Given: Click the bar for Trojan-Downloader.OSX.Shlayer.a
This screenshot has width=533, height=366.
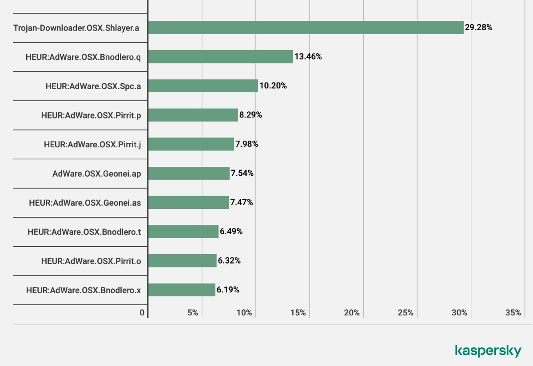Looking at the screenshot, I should click(x=306, y=28).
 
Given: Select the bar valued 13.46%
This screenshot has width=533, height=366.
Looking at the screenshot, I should click(x=220, y=57).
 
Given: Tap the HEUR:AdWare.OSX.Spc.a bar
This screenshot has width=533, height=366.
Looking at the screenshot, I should click(x=203, y=86).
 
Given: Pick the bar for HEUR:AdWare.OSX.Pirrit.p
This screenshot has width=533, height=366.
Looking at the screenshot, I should click(x=193, y=115).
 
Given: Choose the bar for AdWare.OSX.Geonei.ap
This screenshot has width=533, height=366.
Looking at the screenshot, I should click(x=189, y=173).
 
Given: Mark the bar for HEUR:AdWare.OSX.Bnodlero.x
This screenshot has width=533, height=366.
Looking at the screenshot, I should click(x=182, y=290).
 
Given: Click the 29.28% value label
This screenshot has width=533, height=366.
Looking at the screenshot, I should click(x=478, y=28).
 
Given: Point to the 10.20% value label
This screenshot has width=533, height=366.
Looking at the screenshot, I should click(x=273, y=86).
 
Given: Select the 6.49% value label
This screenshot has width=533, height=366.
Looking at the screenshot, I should click(x=231, y=232).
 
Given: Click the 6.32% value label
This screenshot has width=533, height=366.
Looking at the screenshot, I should click(x=229, y=261).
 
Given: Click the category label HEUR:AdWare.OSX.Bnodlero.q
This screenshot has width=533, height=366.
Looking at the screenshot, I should click(x=84, y=57).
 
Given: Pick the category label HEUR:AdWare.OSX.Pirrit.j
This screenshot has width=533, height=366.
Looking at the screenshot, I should click(x=92, y=144).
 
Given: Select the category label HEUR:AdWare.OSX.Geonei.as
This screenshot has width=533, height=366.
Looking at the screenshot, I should click(x=85, y=203).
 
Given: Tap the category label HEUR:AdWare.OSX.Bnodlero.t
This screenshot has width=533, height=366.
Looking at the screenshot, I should click(x=84, y=232).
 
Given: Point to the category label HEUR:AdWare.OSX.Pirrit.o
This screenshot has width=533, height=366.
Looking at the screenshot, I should click(x=91, y=261).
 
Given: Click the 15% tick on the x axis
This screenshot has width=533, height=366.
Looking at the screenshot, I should click(x=298, y=313).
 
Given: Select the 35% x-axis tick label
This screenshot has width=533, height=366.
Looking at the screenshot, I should click(x=513, y=313).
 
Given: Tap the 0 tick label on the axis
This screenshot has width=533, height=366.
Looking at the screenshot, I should click(x=142, y=313).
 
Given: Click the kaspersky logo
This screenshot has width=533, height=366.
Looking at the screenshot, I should click(x=488, y=350).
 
